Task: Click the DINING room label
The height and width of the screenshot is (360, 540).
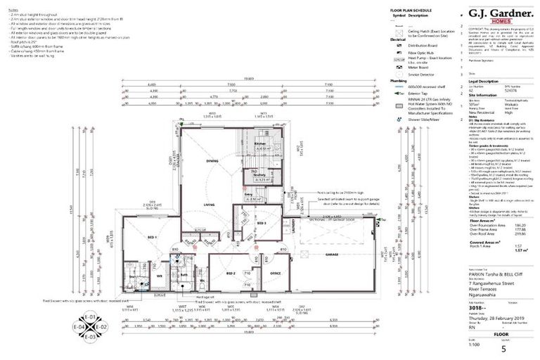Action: [212, 161]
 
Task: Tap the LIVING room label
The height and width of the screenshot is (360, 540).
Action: [209, 206]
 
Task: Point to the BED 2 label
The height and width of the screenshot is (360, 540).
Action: [230, 272]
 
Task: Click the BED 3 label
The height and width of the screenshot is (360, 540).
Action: [261, 223]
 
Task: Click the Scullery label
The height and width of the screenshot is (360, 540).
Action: [259, 176]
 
